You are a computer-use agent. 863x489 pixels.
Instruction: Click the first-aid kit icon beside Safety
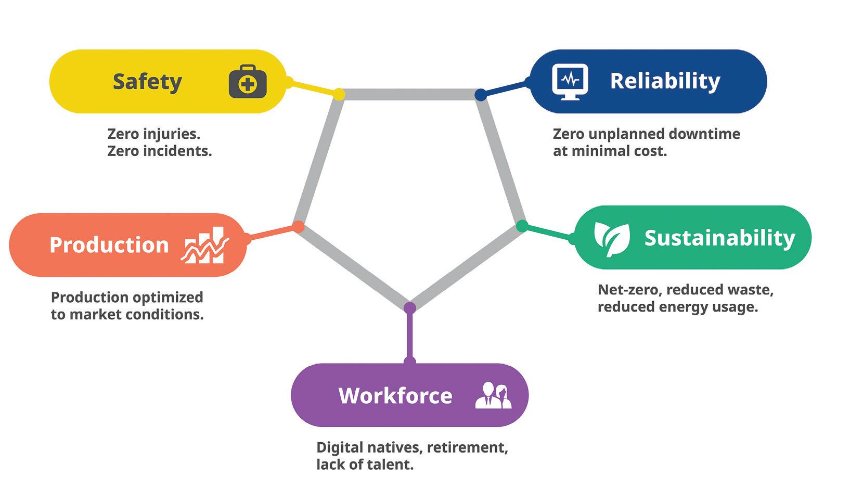[248, 82]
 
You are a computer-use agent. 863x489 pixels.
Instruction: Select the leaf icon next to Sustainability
[612, 238]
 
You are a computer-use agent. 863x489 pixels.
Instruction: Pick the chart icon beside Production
[205, 245]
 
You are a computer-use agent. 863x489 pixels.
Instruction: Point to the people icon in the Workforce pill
[493, 396]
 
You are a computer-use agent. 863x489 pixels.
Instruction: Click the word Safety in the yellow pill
[147, 82]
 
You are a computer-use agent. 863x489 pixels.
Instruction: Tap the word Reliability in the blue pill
[665, 81]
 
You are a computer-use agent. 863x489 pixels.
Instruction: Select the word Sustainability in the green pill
[719, 238]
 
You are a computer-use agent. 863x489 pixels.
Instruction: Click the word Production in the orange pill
[109, 245]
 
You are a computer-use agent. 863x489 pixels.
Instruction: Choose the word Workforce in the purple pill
[395, 396]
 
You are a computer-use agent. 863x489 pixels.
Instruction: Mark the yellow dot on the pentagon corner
[339, 94]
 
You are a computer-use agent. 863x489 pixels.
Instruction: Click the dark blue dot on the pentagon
[481, 95]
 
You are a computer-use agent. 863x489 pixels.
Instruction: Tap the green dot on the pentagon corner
[522, 226]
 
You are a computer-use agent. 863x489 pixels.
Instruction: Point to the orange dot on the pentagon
[298, 226]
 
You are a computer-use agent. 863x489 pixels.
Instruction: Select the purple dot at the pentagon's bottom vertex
[410, 307]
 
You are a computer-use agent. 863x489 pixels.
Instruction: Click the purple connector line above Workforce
[410, 336]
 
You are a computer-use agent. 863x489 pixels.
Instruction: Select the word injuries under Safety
[171, 134]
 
